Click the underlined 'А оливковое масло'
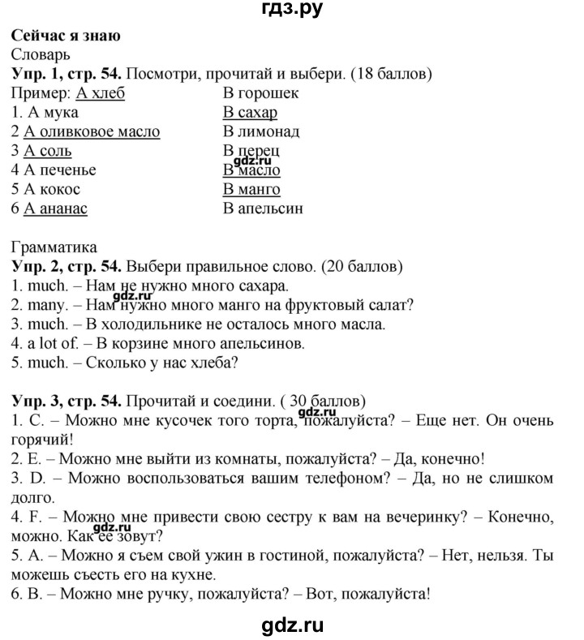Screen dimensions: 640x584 pyautogui.click(x=92, y=131)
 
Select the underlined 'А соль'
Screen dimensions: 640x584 pyautogui.click(x=49, y=151)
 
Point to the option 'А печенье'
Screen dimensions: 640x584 pyautogui.click(x=61, y=170)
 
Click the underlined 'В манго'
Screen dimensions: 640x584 pyautogui.click(x=251, y=190)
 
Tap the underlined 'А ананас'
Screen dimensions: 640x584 pyautogui.click(x=56, y=208)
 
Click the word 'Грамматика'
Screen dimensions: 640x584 pyautogui.click(x=54, y=247)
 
